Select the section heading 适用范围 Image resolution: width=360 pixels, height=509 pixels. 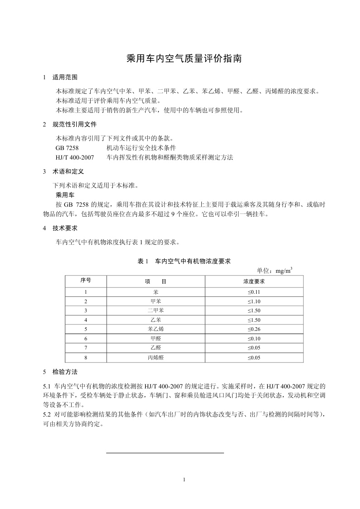pos(65,77)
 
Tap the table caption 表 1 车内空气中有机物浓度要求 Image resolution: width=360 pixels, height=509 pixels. pos(184,261)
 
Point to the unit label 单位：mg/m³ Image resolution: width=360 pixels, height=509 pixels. pos(274,271)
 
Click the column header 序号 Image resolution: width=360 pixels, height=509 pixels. pos(86,281)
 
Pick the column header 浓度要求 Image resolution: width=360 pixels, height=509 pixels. pos(253,281)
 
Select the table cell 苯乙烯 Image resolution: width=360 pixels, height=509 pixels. pos(156,329)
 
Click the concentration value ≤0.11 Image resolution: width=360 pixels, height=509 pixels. pos(253,292)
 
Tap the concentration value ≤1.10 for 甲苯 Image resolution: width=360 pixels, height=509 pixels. pos(253,301)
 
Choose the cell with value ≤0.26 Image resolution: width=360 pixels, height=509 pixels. pos(253,329)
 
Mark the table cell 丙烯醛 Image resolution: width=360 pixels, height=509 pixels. pos(156,358)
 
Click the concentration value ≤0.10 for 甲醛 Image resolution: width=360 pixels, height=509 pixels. pos(253,339)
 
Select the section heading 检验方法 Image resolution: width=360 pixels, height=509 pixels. pos(65,372)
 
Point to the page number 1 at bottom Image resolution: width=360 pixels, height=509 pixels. pos(184,479)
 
